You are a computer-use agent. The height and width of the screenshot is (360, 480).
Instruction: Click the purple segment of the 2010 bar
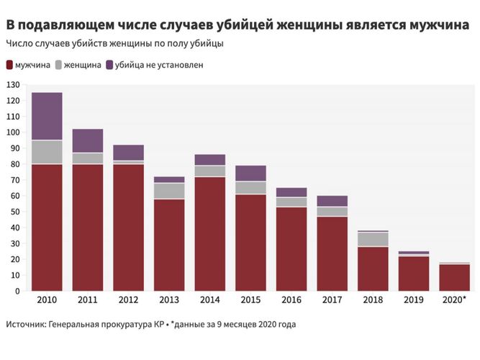tap(46, 116)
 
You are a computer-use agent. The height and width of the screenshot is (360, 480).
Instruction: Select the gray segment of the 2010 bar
tap(46, 152)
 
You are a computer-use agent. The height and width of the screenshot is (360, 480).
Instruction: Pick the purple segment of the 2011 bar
tap(87, 140)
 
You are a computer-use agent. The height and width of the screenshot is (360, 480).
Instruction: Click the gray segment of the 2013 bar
tap(169, 191)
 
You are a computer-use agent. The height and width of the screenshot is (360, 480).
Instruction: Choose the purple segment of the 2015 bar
tap(251, 173)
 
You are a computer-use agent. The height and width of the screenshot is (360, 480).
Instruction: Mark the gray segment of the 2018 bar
tap(374, 239)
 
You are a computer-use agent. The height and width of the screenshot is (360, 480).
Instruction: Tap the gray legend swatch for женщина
tap(58, 65)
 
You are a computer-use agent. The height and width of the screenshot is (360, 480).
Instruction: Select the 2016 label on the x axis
tap(292, 300)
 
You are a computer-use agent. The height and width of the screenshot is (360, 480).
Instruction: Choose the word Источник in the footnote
tap(24, 325)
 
